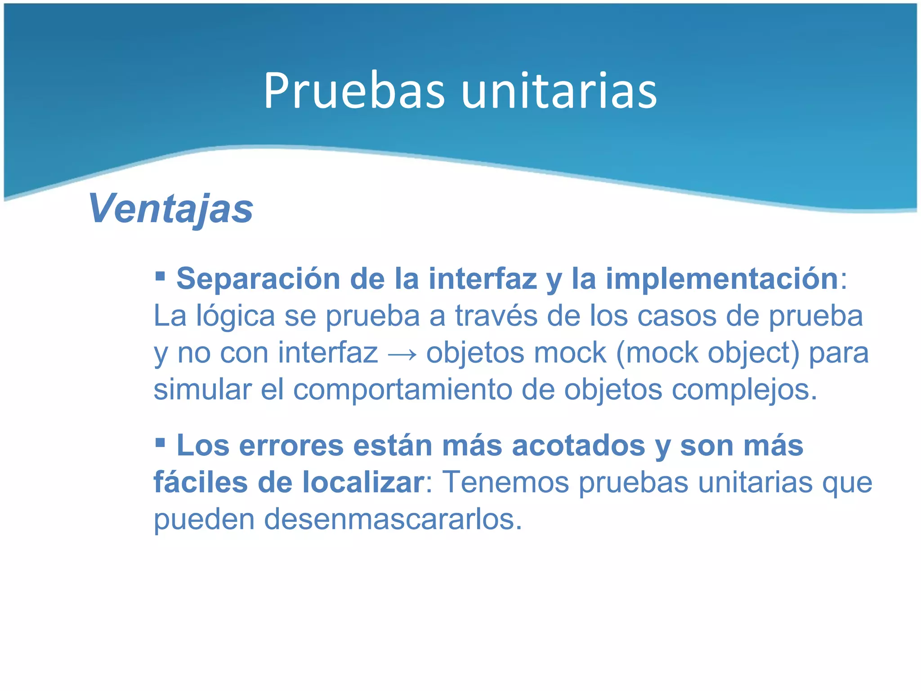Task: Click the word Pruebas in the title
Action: point(354,91)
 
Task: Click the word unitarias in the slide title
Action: point(559,91)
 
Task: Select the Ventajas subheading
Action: point(171,208)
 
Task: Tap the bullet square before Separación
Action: point(160,275)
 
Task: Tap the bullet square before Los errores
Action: point(160,442)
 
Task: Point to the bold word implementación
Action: point(722,279)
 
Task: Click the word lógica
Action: point(235,316)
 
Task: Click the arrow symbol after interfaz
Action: point(402,354)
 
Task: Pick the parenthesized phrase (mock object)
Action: point(707,353)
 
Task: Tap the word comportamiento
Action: point(402,390)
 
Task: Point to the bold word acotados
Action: point(578,446)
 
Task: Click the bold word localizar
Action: point(362,483)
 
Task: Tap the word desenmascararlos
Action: point(393,520)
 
